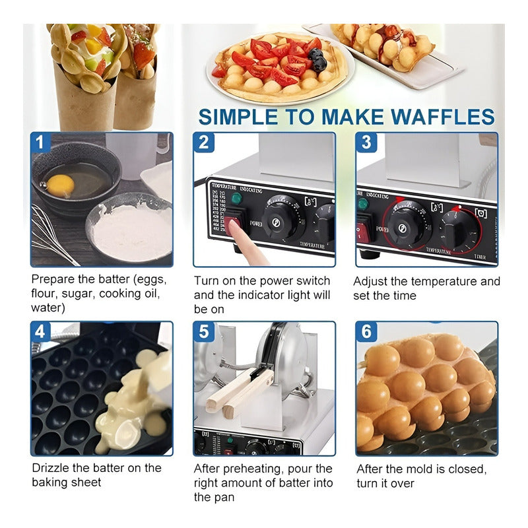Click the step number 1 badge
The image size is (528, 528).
(40, 142)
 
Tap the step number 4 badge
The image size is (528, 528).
(40, 331)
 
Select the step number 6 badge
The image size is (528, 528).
(366, 331)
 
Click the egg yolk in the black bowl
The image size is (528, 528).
(60, 185)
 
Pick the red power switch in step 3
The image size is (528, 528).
(362, 231)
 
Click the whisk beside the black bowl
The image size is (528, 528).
(49, 238)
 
